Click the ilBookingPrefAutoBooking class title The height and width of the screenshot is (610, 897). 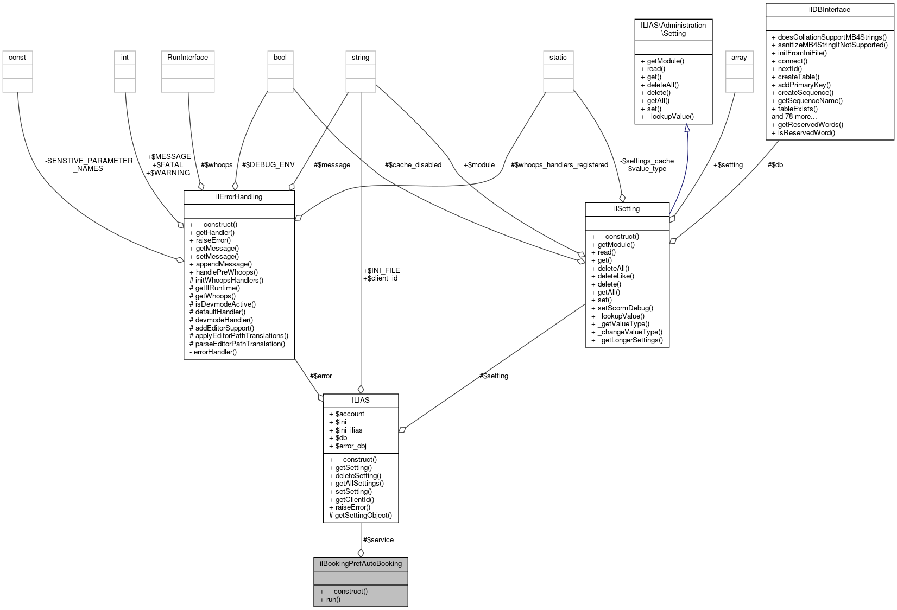[x=361, y=563]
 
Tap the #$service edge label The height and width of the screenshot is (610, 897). [x=378, y=539]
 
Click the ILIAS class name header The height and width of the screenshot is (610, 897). [x=361, y=400]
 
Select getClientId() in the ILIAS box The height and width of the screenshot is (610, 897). [x=355, y=499]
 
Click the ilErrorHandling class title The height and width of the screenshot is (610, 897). [x=239, y=197]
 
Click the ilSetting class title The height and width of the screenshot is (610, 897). [x=627, y=208]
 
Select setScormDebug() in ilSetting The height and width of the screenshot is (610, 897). [x=625, y=308]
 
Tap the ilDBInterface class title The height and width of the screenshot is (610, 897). [x=829, y=10]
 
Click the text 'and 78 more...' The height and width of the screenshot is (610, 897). [x=794, y=116]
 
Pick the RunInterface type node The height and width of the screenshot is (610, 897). [x=187, y=57]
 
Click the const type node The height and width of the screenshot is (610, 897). [x=17, y=57]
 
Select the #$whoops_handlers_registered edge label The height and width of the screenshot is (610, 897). [x=559, y=164]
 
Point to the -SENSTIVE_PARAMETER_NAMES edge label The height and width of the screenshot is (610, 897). [x=89, y=164]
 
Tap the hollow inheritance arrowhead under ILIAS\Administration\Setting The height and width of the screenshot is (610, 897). [x=687, y=128]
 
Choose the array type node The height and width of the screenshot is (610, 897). [x=739, y=57]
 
